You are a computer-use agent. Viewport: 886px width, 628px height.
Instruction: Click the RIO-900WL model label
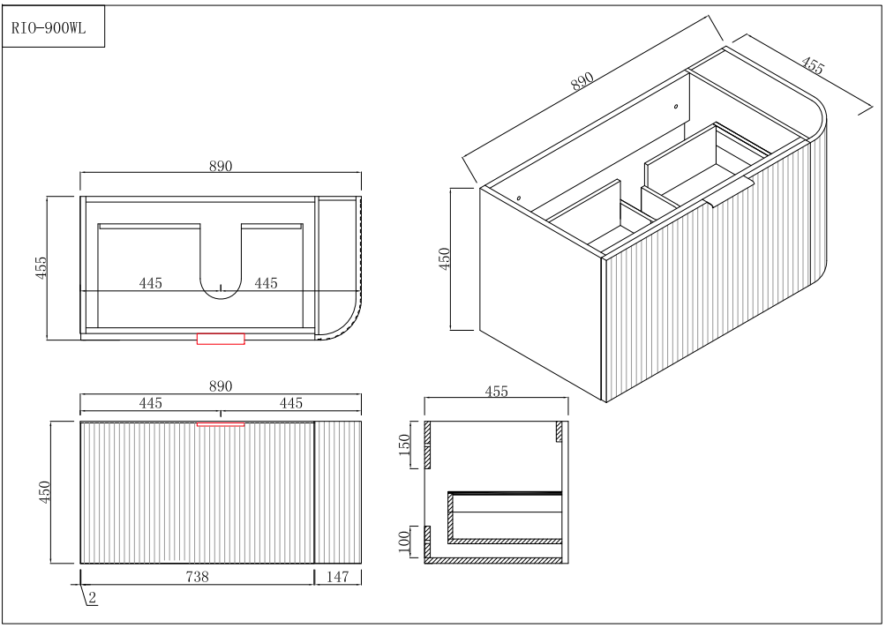coord(49,27)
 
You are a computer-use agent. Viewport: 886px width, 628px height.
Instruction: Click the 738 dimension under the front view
coord(197,577)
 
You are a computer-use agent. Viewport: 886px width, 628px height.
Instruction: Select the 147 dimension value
coord(337,577)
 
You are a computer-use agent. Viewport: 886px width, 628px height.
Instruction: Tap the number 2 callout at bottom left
coord(92,597)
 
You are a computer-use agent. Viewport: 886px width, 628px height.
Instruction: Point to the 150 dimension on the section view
coord(404,445)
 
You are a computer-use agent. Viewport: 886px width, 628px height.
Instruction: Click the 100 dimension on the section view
coord(404,542)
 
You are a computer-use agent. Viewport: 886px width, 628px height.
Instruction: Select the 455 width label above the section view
coord(497,391)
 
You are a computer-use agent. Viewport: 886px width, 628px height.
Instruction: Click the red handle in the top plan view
coord(221,339)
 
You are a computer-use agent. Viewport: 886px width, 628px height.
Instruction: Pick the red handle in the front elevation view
coord(221,423)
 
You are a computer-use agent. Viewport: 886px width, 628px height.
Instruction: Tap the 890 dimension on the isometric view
coord(582,81)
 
